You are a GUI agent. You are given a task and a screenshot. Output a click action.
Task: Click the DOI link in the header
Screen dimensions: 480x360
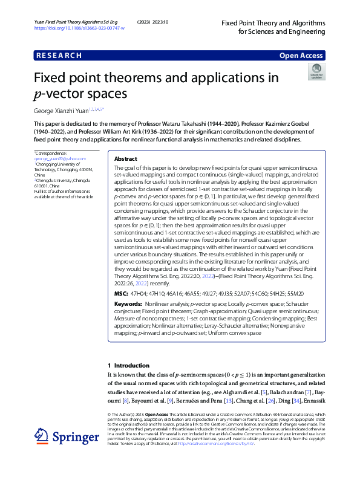pos(79,28)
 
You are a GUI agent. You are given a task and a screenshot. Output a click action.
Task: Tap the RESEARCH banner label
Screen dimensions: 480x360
pos(59,56)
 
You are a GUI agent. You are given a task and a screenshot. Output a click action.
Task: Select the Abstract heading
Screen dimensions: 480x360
pos(126,158)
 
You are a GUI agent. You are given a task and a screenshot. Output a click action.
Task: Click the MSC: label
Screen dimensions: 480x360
pos(120,293)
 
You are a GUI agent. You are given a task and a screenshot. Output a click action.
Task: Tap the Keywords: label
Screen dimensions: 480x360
pos(128,303)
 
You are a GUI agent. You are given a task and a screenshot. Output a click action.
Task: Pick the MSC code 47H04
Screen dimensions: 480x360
pos(141,293)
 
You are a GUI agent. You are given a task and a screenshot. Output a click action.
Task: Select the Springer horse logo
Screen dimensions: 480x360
pos(41,436)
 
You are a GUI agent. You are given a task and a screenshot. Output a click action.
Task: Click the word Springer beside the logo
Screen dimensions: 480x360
pos(75,437)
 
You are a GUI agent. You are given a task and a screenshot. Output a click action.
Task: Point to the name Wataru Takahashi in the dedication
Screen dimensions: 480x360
pos(225,123)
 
